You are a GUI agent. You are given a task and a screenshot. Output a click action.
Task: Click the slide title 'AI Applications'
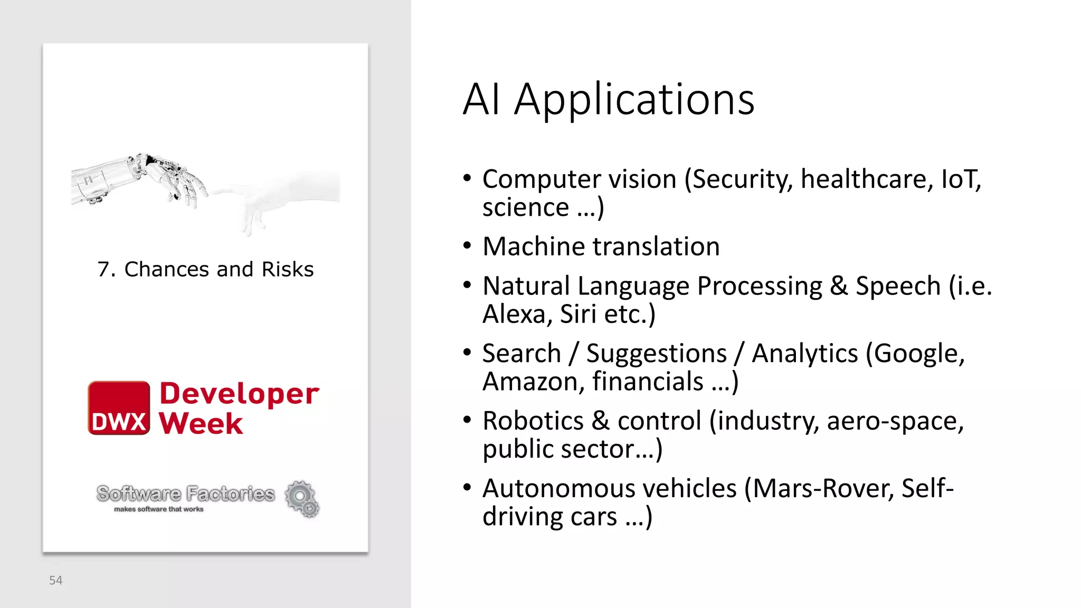click(609, 100)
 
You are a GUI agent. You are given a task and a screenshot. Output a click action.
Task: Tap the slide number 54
click(56, 581)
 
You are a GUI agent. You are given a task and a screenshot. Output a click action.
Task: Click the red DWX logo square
click(119, 408)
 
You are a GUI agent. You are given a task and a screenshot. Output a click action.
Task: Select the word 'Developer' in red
click(239, 394)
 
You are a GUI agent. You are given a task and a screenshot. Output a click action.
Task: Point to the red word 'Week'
click(201, 423)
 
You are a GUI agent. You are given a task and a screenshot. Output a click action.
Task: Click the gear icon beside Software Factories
click(302, 498)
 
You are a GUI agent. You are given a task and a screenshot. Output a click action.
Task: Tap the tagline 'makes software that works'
click(158, 509)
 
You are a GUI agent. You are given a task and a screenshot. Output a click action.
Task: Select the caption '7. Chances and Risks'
click(205, 269)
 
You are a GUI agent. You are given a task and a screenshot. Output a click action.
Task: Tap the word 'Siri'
click(579, 315)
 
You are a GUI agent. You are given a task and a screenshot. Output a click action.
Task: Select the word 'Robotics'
click(533, 421)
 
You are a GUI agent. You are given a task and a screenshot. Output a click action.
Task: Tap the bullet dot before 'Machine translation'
click(467, 246)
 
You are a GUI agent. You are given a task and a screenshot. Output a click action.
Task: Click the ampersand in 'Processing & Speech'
click(838, 287)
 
